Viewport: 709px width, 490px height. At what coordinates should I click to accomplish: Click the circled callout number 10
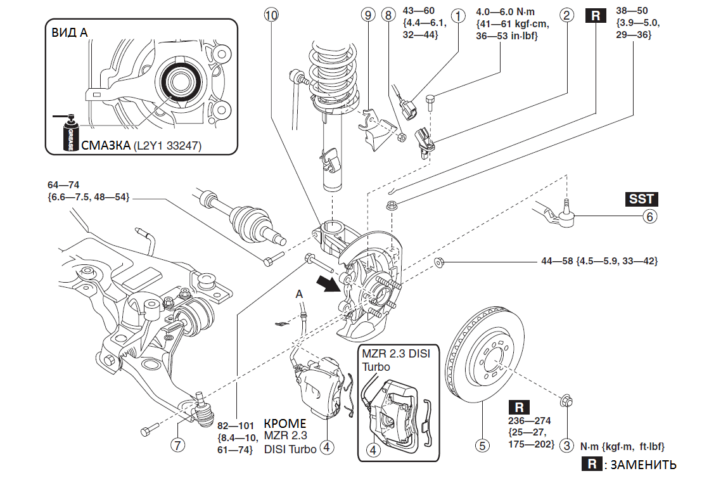pos(271,15)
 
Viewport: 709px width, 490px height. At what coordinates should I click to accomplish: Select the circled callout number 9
pos(367,15)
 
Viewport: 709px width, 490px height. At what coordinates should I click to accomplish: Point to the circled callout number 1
pos(457,15)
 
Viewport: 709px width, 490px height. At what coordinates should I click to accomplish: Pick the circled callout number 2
pos(567,15)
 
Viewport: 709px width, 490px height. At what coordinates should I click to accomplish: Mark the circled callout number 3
pos(568,446)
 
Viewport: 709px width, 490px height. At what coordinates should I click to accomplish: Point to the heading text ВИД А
pos(70,34)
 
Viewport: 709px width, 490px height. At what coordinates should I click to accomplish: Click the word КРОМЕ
pos(284,423)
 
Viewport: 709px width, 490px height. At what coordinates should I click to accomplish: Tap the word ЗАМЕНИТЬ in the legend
pos(642,465)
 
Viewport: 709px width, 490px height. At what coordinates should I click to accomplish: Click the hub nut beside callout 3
pos(566,401)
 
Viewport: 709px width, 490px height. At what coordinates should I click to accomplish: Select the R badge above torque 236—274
pos(519,407)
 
